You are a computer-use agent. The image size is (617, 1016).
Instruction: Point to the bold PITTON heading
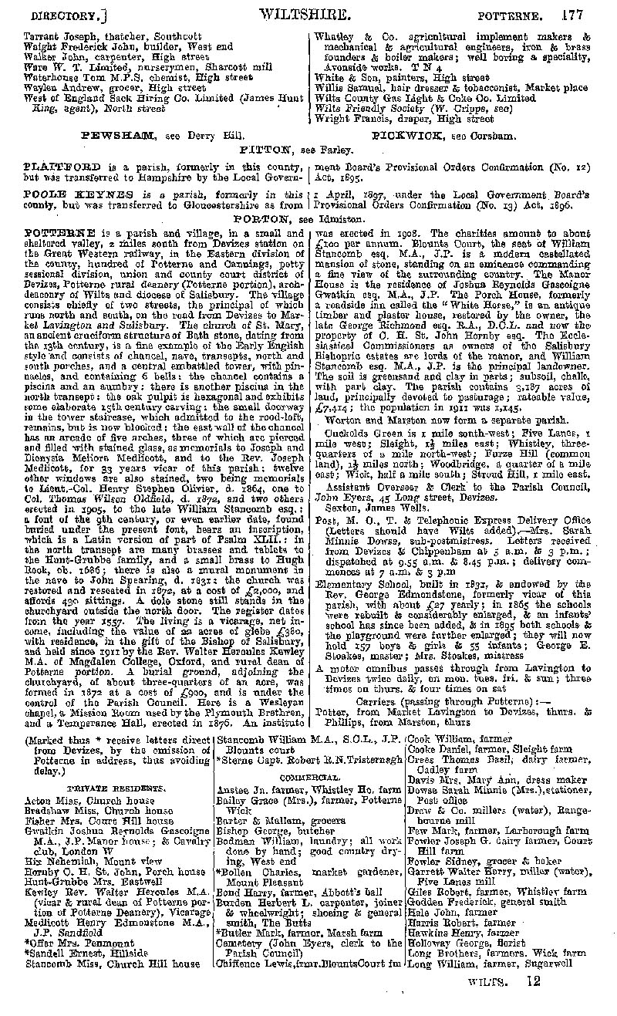[266, 149]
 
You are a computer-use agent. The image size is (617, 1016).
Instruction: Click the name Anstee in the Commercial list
[234, 789]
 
